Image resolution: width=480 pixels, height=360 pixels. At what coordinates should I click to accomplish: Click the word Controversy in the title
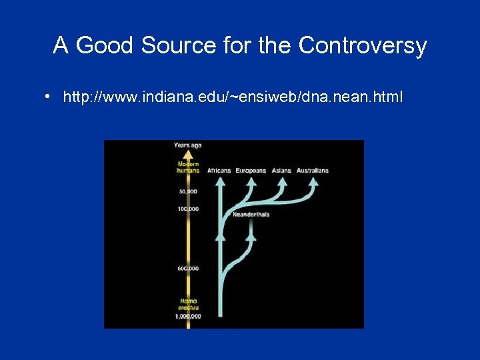pos(363,45)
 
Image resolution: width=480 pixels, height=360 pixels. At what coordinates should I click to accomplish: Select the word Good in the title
pos(106,45)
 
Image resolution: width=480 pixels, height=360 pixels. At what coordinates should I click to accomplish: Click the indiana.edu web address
pos(233,97)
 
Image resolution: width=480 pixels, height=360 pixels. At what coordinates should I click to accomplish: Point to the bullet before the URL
pos(49,97)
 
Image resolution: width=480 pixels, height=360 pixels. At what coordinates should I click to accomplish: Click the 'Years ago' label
pos(187,145)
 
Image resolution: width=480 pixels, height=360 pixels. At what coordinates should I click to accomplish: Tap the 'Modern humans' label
pos(187,167)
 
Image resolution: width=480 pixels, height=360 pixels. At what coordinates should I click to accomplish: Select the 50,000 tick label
pos(188,192)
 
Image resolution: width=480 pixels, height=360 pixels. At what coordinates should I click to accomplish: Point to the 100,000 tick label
pos(188,209)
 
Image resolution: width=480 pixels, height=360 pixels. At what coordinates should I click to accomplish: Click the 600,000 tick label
pos(188,269)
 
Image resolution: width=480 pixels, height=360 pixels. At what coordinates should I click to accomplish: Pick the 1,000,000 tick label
pos(187,316)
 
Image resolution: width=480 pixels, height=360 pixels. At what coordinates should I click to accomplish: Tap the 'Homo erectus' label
pos(187,304)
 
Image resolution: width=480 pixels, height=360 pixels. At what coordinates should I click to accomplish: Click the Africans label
pos(219,171)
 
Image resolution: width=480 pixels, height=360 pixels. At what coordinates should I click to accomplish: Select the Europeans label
pos(251,171)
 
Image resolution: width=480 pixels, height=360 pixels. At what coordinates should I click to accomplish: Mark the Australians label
pos(312,171)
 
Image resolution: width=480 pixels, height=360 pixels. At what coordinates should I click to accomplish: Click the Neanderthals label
pos(251,215)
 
